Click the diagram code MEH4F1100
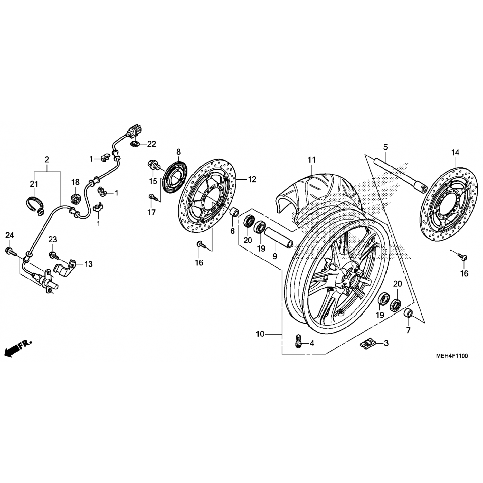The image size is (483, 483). (452, 356)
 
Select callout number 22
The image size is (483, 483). (151, 144)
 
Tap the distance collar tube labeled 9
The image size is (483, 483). (279, 236)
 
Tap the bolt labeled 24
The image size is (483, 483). (11, 251)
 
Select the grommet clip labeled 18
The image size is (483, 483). (75, 199)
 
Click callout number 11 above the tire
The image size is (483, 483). (312, 160)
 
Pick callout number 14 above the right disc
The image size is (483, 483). (455, 153)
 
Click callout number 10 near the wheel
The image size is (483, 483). (260, 334)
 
